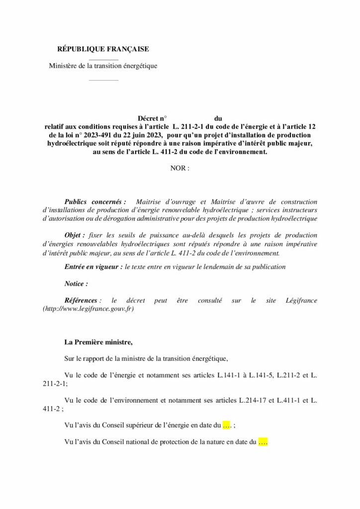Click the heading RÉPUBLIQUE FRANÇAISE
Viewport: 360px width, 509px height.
coord(103,49)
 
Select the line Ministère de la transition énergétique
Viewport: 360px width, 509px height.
coord(103,66)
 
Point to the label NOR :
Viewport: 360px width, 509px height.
coord(180,169)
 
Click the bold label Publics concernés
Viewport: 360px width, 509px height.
coord(94,202)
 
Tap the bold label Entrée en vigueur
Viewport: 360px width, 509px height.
coord(93,267)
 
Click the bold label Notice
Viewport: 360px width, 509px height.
coord(76,284)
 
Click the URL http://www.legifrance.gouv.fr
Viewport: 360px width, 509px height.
coord(89,309)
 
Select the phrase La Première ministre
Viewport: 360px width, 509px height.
coord(99,342)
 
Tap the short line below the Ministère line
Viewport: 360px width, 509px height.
coord(103,80)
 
